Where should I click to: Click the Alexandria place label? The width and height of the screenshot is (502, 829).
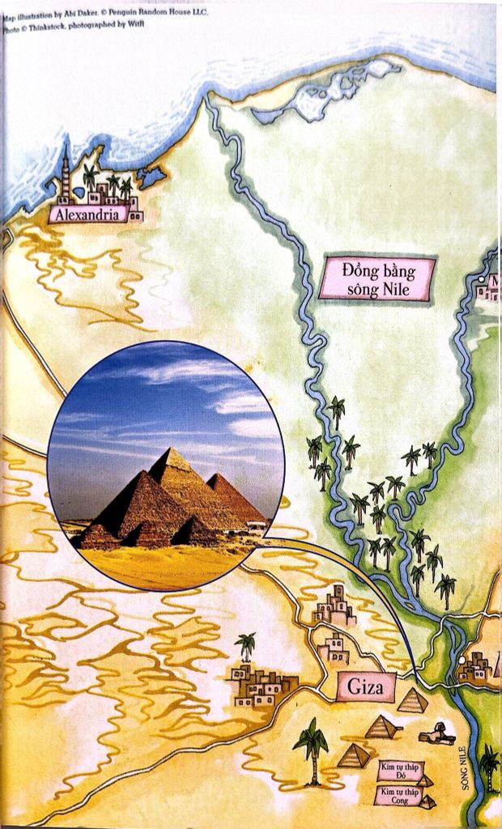(88, 215)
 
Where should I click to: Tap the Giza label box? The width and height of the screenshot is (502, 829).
(366, 688)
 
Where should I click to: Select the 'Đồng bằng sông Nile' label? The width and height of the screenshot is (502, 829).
(377, 279)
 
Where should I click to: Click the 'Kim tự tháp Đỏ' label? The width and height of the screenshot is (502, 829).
(396, 769)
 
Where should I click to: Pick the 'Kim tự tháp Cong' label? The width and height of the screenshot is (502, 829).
(397, 796)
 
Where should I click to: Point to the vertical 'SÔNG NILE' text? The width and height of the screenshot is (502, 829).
(465, 765)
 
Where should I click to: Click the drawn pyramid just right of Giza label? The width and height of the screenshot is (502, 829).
(413, 700)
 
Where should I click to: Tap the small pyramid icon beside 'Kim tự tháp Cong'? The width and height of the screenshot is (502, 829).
(428, 801)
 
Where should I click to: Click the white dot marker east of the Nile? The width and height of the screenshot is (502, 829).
(461, 661)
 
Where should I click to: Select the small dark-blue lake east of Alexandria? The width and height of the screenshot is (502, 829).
(152, 176)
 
